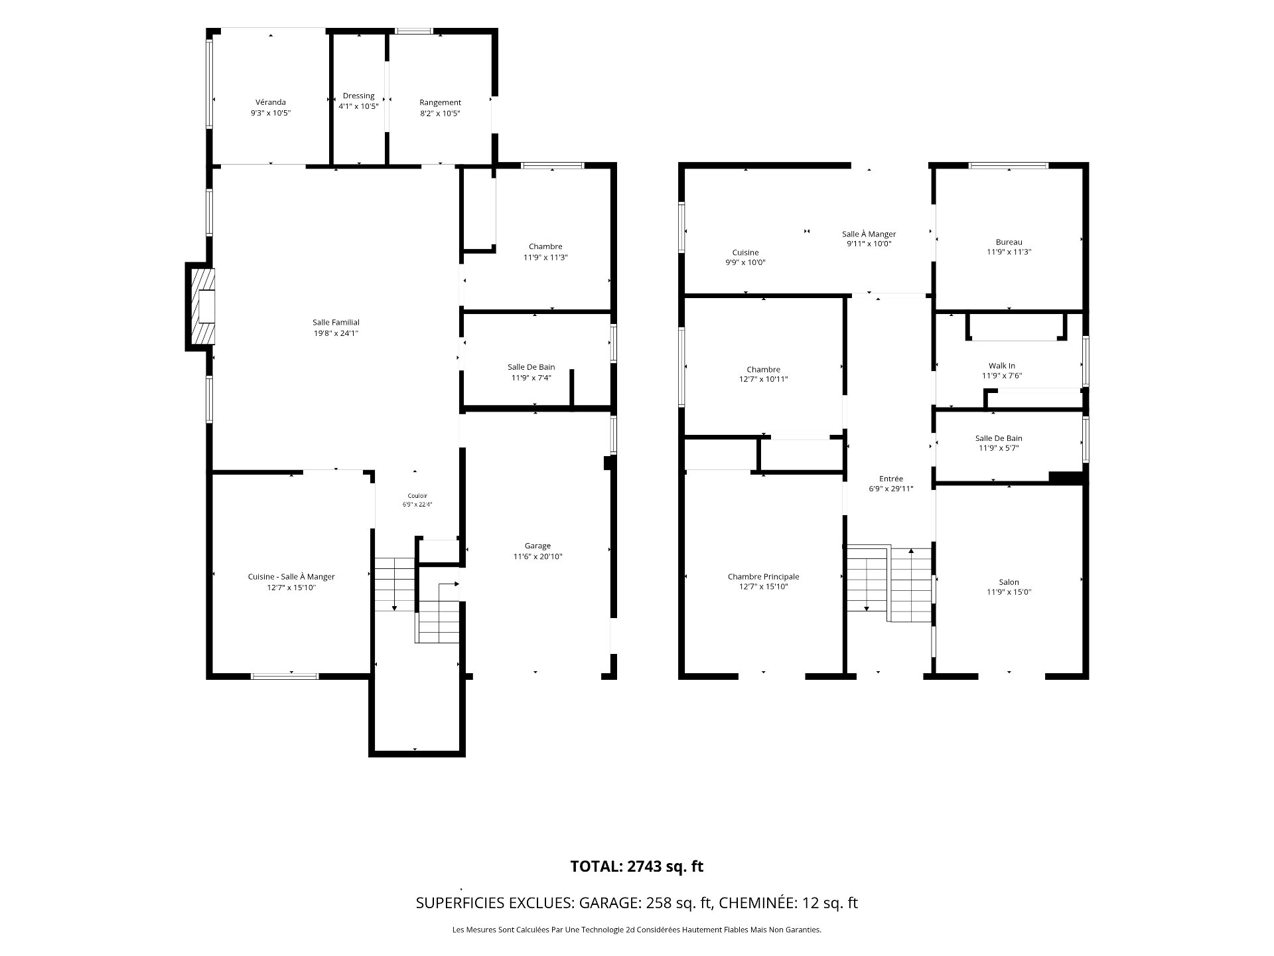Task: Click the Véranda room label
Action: [271, 102]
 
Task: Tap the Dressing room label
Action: [358, 96]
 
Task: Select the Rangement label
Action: [440, 102]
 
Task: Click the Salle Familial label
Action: [336, 323]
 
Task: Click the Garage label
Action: [537, 546]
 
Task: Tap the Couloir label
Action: [417, 496]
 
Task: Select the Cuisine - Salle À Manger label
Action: [291, 577]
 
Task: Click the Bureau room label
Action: [1009, 242]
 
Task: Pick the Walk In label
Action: [1002, 366]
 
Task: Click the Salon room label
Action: [1009, 582]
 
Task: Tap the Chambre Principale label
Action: [763, 577]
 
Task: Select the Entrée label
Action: [891, 479]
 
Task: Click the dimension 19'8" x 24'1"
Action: [336, 333]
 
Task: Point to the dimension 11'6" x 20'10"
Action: [537, 556]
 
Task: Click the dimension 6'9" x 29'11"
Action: [891, 489]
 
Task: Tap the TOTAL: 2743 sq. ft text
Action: [637, 866]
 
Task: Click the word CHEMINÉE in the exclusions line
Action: [755, 903]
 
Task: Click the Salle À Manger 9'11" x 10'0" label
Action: [869, 239]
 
